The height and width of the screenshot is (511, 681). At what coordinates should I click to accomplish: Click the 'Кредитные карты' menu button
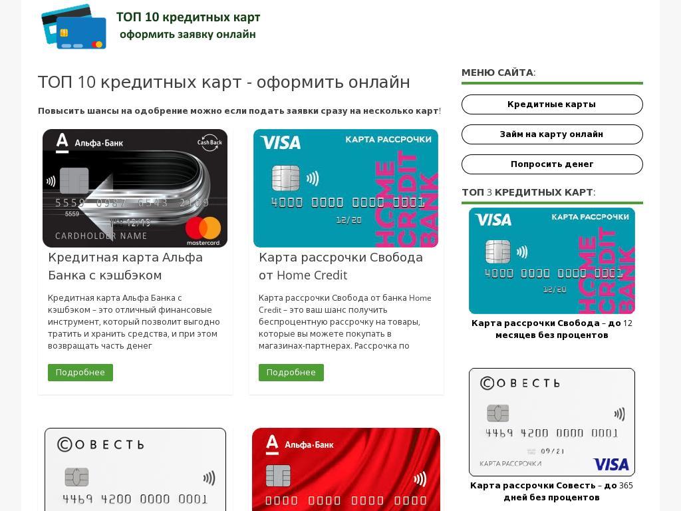(x=552, y=104)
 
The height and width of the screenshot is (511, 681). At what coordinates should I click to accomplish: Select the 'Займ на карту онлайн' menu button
(x=552, y=134)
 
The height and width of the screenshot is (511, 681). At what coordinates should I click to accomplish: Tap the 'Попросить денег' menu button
(x=552, y=164)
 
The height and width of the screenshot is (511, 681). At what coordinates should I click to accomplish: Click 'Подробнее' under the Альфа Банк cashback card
(x=80, y=373)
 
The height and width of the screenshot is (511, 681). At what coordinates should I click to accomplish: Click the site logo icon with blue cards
(x=74, y=27)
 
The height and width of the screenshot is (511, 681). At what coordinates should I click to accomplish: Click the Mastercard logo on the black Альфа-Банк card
(x=203, y=231)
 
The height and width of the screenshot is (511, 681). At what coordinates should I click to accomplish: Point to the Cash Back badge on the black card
(x=209, y=142)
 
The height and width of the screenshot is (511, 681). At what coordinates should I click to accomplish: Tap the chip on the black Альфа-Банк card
(x=74, y=180)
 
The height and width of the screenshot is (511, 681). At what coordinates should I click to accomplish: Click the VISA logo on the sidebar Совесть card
(x=611, y=464)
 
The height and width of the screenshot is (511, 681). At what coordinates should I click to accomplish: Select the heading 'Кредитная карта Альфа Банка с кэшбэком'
(x=125, y=266)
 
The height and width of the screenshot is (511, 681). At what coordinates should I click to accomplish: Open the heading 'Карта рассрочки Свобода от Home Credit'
(x=340, y=266)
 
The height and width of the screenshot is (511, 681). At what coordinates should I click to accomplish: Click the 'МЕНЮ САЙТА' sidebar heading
(x=499, y=73)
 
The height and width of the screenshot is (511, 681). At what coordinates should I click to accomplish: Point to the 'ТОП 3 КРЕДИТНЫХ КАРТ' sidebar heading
(x=529, y=192)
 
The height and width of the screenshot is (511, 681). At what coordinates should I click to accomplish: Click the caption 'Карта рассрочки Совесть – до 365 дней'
(x=551, y=491)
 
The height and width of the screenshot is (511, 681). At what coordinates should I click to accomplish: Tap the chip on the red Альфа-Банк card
(x=278, y=476)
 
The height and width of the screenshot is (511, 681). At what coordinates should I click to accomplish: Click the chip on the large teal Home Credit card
(x=285, y=178)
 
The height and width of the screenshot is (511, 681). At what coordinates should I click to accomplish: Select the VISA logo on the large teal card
(x=281, y=142)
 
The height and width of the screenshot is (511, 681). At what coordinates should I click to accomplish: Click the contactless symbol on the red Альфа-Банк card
(x=420, y=479)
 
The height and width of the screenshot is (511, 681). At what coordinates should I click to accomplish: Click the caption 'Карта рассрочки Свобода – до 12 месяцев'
(x=551, y=329)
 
